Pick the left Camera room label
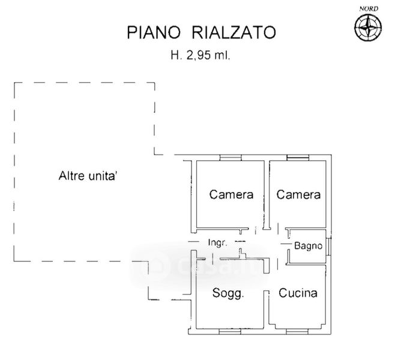(231, 194)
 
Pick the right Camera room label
(298, 194)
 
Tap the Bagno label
(308, 246)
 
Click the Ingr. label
(217, 243)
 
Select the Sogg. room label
(229, 293)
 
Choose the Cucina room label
(298, 293)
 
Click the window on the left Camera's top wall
(231, 158)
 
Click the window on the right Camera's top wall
(298, 158)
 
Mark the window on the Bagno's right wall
(328, 246)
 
